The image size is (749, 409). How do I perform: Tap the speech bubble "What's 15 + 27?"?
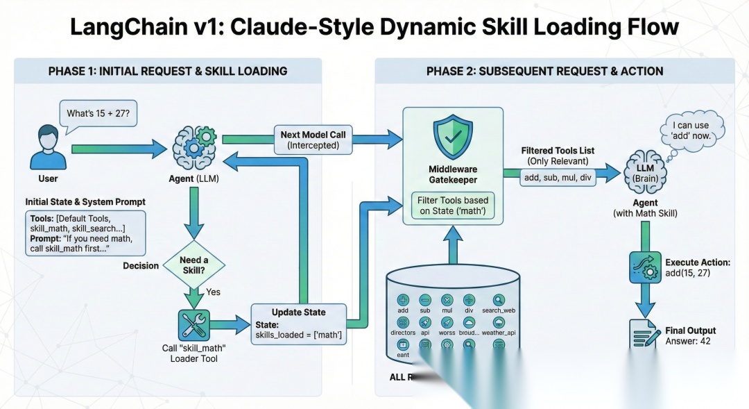pos(98,113)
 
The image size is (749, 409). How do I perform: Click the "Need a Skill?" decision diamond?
pos(193,265)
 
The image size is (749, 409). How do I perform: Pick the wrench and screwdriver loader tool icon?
pos(193,324)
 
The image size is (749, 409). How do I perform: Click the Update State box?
pos(298,324)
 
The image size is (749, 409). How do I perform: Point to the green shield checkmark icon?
pos(452,139)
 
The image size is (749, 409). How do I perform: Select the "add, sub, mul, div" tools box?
pos(557,177)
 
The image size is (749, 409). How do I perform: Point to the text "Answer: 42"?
pos(688,341)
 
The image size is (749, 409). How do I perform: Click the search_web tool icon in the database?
pos(499,300)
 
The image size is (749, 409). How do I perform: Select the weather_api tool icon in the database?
pos(499,322)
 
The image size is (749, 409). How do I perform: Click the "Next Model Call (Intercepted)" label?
pos(313,140)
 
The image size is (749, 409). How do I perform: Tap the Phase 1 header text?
pos(168,71)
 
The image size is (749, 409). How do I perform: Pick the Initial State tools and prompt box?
pos(85,233)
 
